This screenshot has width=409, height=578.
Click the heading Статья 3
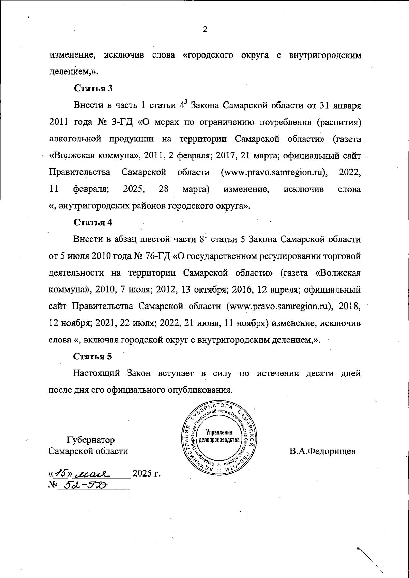coord(93,88)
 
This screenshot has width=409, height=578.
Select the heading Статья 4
coord(93,222)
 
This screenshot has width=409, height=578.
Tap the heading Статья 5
coord(93,357)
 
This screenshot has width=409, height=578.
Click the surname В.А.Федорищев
coord(322,451)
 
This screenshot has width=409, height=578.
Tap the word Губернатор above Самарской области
coord(91,440)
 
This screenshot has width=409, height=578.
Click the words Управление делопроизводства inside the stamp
coord(220,436)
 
